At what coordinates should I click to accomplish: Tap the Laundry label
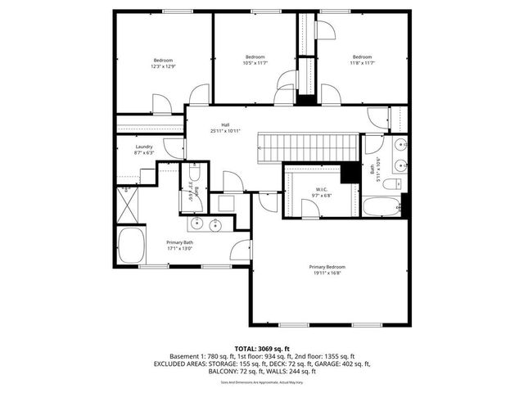[x=144, y=147]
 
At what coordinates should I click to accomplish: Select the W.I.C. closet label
[x=321, y=190]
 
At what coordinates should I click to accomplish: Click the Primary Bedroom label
[x=327, y=268]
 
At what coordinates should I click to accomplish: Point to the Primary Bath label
[x=179, y=242]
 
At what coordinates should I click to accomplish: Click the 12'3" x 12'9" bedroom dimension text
[x=163, y=66]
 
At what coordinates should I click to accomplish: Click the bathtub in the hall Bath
[x=383, y=206]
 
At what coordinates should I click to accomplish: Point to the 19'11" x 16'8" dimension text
[x=327, y=274]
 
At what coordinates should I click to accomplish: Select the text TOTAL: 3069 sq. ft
[x=261, y=349]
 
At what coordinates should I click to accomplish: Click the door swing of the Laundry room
[x=174, y=148]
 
